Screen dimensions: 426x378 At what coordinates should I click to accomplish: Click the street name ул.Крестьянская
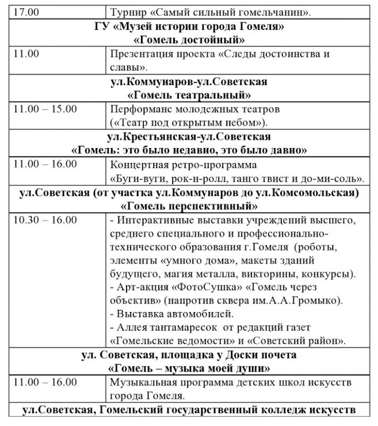point(150,137)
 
